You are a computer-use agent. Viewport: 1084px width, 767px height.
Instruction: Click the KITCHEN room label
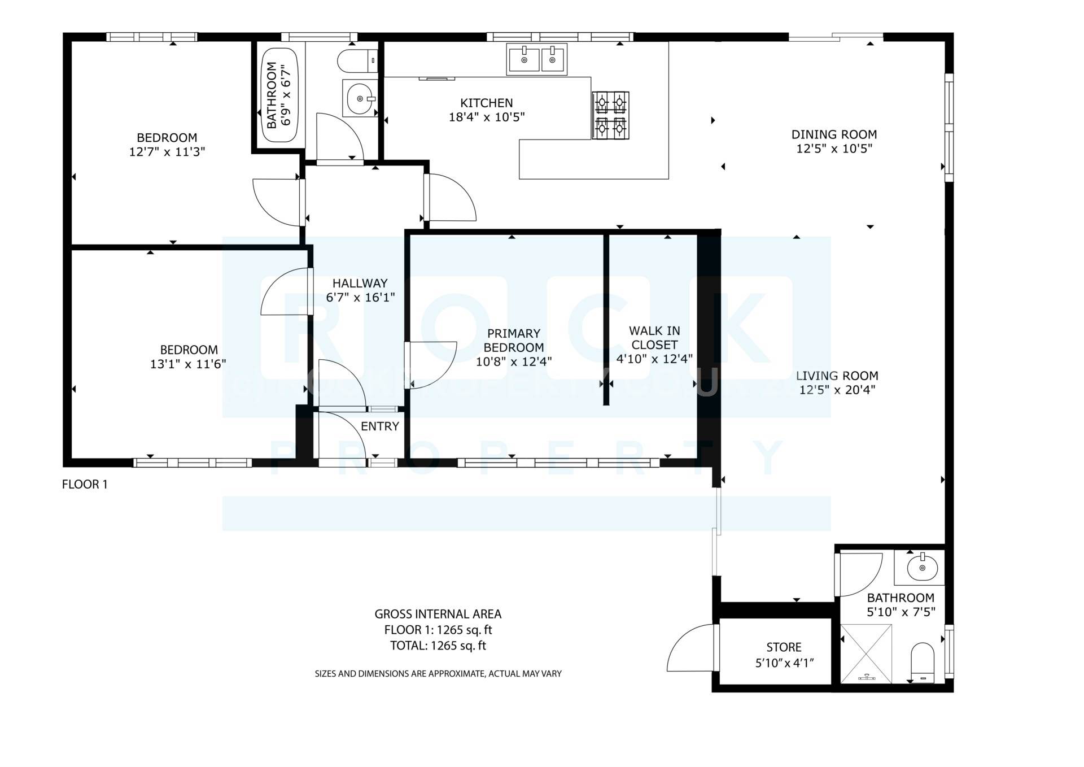click(x=486, y=103)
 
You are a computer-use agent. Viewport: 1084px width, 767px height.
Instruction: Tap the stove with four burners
click(x=610, y=116)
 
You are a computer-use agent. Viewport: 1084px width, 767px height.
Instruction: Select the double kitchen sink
click(x=537, y=59)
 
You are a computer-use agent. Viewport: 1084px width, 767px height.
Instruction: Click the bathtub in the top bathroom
click(x=280, y=94)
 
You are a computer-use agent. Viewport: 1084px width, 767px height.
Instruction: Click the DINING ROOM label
click(x=834, y=134)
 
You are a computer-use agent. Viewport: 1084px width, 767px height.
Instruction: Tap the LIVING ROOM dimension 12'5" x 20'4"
click(x=837, y=390)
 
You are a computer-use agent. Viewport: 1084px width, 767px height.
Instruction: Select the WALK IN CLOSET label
click(x=654, y=338)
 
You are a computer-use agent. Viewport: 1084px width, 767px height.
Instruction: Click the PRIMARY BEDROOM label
click(x=513, y=341)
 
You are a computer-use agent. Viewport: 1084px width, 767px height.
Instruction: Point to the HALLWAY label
click(x=360, y=284)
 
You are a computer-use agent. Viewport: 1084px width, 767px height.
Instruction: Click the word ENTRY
click(x=380, y=426)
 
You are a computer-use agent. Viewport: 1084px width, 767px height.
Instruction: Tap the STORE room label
click(x=784, y=647)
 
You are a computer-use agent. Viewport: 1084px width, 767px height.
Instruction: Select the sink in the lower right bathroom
click(x=922, y=566)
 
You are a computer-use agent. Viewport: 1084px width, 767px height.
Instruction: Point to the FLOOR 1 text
click(x=85, y=484)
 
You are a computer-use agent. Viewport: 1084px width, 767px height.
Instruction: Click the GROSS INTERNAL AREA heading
click(x=438, y=614)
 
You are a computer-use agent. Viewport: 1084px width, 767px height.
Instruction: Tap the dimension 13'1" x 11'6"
click(x=188, y=364)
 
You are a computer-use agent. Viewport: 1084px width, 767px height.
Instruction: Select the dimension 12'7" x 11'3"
click(x=167, y=152)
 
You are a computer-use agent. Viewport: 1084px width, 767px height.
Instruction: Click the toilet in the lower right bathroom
click(x=923, y=662)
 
